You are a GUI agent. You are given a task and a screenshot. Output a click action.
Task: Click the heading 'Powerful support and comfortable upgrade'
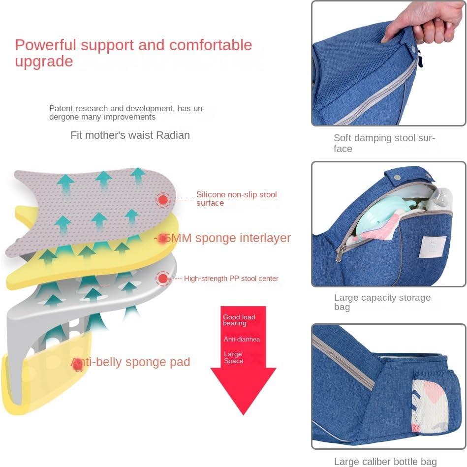[x=133, y=53]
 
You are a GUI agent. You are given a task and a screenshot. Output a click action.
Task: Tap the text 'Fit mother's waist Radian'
[x=130, y=135]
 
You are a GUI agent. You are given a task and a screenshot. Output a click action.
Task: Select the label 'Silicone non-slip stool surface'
[x=236, y=198]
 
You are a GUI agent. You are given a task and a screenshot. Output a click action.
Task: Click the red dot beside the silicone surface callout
[x=163, y=200]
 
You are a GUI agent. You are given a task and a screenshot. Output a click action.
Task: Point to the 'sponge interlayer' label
[x=224, y=238]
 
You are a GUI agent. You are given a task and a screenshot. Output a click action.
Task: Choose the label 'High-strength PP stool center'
[x=231, y=279]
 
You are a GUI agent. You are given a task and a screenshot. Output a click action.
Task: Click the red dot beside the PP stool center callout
[x=163, y=279]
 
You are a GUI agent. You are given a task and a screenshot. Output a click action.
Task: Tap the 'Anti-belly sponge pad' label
[x=131, y=362]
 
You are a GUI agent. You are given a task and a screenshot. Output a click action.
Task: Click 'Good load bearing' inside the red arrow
[x=239, y=320]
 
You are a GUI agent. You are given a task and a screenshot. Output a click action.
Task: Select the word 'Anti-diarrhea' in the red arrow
[x=242, y=340]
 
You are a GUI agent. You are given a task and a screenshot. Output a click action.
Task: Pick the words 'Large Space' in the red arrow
[x=233, y=357]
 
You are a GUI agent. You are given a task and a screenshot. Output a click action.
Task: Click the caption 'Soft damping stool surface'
[x=384, y=143]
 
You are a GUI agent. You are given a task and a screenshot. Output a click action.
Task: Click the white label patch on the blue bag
[x=434, y=248]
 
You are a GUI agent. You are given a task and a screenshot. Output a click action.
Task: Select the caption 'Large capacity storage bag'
[x=382, y=302]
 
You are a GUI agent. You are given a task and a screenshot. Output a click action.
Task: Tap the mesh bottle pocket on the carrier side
[x=429, y=405]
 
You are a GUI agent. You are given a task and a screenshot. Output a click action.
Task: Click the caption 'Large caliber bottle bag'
[x=385, y=461]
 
